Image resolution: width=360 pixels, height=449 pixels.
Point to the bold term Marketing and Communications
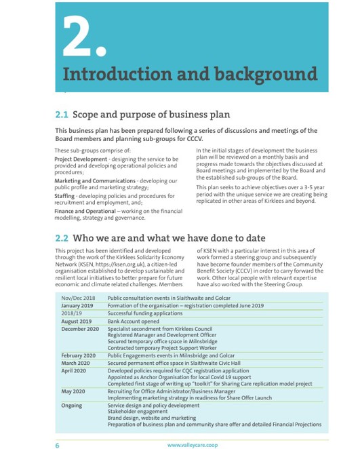tap(95, 180)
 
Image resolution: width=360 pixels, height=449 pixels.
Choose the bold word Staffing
tap(69, 196)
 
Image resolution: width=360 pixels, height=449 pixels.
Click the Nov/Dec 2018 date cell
tap(78, 298)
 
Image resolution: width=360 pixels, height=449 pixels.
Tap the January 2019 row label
tap(77, 306)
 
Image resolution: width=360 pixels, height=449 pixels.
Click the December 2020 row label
tap(80, 329)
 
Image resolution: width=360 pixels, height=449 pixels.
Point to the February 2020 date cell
tap(79, 355)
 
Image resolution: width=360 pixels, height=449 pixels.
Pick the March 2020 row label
tap(75, 364)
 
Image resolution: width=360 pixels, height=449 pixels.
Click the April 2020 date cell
tap(74, 372)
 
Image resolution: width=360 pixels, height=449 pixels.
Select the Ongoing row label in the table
tap(72, 406)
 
